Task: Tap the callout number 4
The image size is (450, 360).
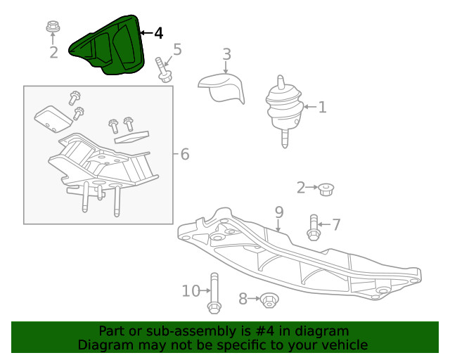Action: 158,33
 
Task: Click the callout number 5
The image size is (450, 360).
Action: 177,49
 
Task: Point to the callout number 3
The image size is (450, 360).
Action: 226,54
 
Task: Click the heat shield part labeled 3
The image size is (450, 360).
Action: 222,87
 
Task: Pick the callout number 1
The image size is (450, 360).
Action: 322,108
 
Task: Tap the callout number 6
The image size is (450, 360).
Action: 185,153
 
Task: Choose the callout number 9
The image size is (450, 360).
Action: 278,211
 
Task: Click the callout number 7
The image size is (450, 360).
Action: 336,225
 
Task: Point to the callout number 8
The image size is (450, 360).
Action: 243,300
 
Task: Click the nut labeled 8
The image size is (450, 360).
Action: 268,300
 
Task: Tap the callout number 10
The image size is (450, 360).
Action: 191,290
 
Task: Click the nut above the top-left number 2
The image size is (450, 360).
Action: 53,28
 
